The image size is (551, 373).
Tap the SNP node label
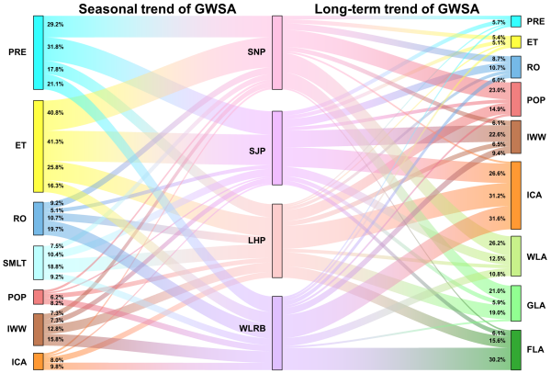[x=256, y=52]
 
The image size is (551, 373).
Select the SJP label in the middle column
[x=256, y=151]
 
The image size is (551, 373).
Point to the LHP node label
[x=256, y=241]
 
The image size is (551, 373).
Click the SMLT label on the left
[x=16, y=263]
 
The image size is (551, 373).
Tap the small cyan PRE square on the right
[x=516, y=21]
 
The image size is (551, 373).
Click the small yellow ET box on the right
[x=516, y=41]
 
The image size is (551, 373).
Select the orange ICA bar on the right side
[x=516, y=195]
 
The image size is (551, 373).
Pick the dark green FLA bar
[x=516, y=349]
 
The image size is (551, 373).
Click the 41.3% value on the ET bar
[x=55, y=141]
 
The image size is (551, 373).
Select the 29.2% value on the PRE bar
[x=55, y=24]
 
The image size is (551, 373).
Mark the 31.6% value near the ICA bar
[x=497, y=218]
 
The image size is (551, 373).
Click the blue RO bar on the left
[x=38, y=218]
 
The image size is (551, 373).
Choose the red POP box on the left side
[x=38, y=297]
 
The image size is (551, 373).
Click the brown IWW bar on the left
[x=38, y=328]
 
